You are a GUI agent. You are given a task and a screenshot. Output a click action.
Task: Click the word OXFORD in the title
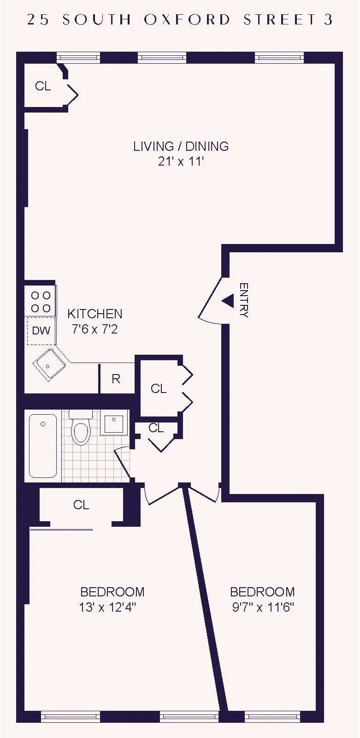pyautogui.click(x=187, y=19)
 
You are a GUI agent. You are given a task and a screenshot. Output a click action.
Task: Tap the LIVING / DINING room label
pyautogui.click(x=181, y=146)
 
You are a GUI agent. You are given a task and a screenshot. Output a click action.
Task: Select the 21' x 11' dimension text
pyautogui.click(x=181, y=161)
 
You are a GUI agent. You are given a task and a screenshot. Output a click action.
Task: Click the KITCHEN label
pyautogui.click(x=95, y=314)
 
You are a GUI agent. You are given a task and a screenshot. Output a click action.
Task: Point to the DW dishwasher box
pyautogui.click(x=41, y=330)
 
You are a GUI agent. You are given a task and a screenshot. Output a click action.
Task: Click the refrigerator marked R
pyautogui.click(x=116, y=379)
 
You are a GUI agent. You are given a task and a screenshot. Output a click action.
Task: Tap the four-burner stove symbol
pyautogui.click(x=41, y=301)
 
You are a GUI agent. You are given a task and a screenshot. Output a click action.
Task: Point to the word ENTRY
pyautogui.click(x=244, y=300)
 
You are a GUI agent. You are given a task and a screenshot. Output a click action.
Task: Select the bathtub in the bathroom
pyautogui.click(x=43, y=445)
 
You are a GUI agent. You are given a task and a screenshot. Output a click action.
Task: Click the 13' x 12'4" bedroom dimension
pyautogui.click(x=107, y=607)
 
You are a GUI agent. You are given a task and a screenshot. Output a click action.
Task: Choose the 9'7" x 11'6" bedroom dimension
pyautogui.click(x=263, y=607)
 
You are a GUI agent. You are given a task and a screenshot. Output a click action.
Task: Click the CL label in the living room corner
pyautogui.click(x=43, y=86)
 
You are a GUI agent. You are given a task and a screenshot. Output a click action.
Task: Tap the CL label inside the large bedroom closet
pyautogui.click(x=81, y=505)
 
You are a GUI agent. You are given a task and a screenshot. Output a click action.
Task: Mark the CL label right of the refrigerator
pyautogui.click(x=159, y=389)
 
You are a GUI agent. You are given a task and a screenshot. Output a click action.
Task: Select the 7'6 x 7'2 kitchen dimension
pyautogui.click(x=95, y=329)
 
